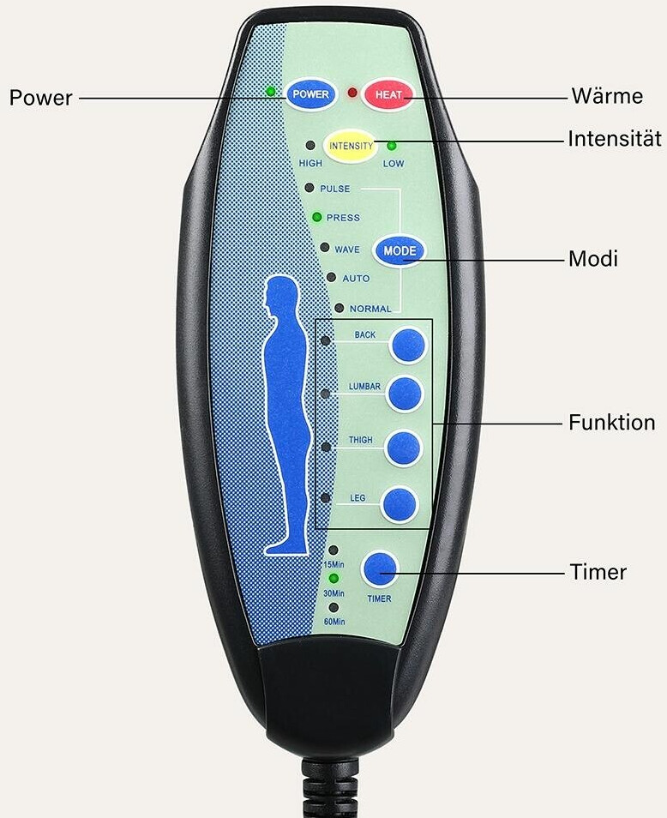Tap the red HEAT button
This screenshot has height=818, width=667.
[388, 94]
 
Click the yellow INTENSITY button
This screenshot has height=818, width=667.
[351, 146]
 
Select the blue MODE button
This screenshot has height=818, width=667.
[400, 251]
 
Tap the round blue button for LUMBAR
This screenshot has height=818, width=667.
[404, 394]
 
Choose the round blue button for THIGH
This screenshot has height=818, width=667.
[403, 448]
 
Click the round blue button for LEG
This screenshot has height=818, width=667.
[400, 505]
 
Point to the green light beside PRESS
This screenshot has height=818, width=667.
[316, 216]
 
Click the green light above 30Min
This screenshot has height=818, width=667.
[333, 579]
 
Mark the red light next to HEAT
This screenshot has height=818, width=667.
[352, 93]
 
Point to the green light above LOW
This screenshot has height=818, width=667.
[392, 146]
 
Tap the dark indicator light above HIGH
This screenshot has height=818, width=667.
[310, 146]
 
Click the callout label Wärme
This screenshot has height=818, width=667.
[607, 96]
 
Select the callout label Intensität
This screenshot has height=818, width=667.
[615, 139]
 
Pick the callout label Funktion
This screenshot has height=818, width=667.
[612, 422]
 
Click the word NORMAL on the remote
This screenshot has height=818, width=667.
[370, 309]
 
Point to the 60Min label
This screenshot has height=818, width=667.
[334, 622]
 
